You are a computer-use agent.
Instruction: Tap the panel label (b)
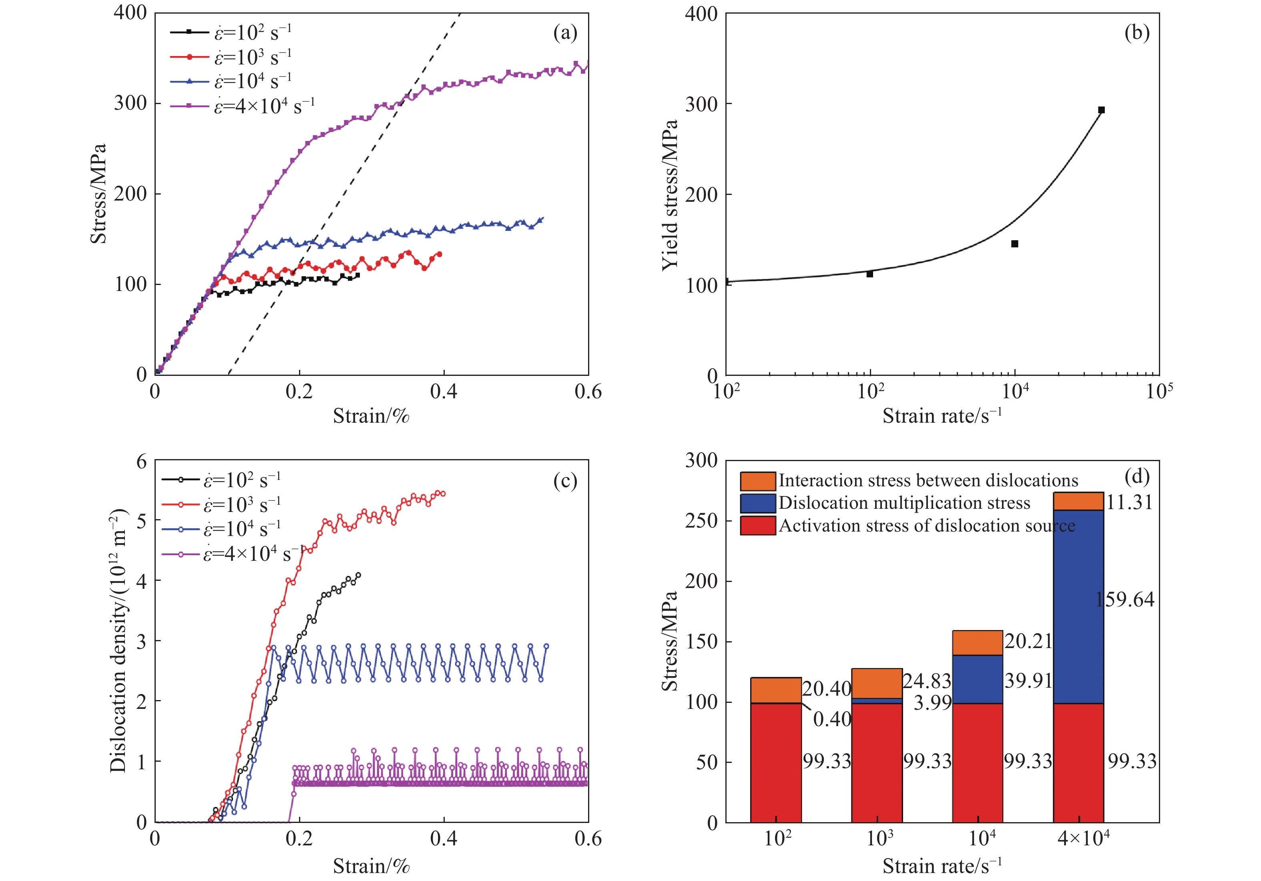[x=1137, y=34]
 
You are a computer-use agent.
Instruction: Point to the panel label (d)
[x=1137, y=476]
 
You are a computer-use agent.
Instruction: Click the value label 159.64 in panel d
[x=1125, y=599]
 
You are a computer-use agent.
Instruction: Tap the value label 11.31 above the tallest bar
[x=1129, y=502]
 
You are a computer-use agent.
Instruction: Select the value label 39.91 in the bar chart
[x=1028, y=681]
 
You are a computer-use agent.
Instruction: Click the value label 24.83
[x=926, y=681]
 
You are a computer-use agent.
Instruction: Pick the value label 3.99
[x=932, y=702]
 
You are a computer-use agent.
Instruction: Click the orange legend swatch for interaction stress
[x=758, y=481]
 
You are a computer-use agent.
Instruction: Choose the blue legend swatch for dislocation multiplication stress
[x=758, y=504]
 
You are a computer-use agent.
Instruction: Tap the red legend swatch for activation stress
[x=758, y=526]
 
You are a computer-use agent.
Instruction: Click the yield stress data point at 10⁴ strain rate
[x=1014, y=244]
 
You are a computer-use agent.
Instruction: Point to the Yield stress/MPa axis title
[x=670, y=195]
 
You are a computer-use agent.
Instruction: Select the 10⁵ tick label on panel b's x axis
[x=1159, y=391]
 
